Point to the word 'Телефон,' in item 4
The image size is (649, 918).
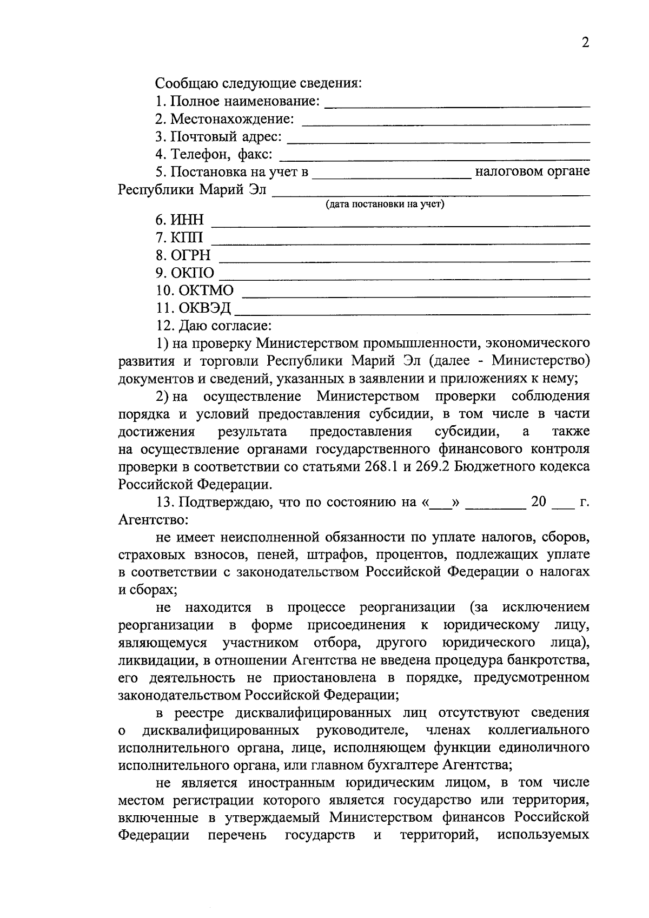(x=195, y=155)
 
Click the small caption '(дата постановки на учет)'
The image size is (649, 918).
(x=385, y=204)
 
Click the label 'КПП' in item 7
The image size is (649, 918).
(x=187, y=238)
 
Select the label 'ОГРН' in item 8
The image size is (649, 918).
(x=191, y=255)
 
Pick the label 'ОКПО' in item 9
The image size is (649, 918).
(x=193, y=273)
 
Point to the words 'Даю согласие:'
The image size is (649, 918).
(x=226, y=326)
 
